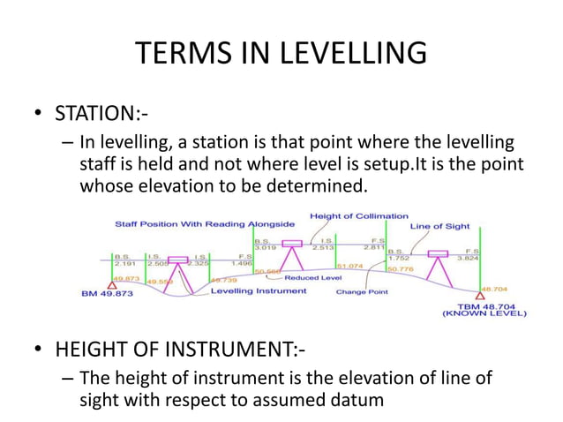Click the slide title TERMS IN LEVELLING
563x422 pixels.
coord(281,54)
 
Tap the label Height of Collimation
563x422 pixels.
coord(359,216)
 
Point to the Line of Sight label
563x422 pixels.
coord(440,226)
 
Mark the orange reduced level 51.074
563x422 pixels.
coord(351,265)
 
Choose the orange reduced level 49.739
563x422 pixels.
coord(222,280)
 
